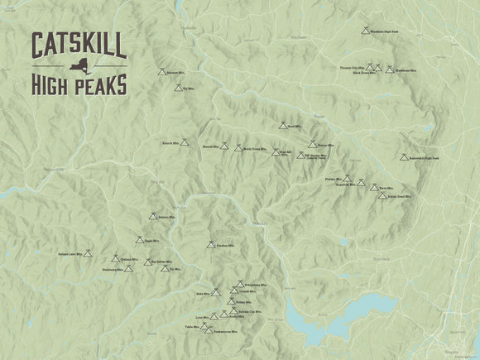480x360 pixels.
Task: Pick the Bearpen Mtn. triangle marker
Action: [163, 71]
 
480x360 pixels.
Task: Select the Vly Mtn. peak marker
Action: [178, 85]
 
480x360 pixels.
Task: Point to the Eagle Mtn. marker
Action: [139, 240]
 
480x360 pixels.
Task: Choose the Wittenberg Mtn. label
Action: [253, 284]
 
